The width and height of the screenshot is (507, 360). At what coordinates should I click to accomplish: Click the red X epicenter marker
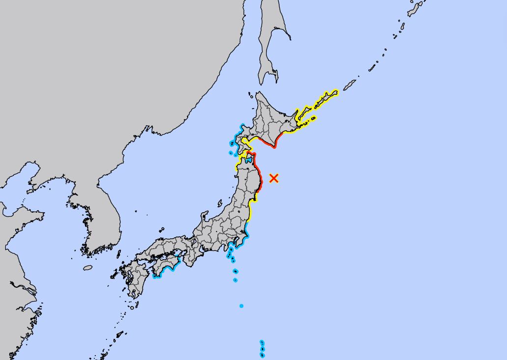[x=274, y=178]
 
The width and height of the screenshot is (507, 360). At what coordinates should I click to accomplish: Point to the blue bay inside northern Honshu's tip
[x=249, y=159]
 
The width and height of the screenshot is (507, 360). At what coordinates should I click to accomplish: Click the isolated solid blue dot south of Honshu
[x=241, y=306]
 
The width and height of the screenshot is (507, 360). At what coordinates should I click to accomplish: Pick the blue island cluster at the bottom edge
[x=262, y=349]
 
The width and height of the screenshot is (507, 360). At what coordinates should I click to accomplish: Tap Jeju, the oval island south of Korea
[x=88, y=268]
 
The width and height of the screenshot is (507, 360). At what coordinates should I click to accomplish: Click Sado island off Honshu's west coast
[x=219, y=203]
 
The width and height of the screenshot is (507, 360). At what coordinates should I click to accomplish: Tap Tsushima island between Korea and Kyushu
[x=118, y=254]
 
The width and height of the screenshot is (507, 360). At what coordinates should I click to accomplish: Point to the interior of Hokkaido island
[x=272, y=118]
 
